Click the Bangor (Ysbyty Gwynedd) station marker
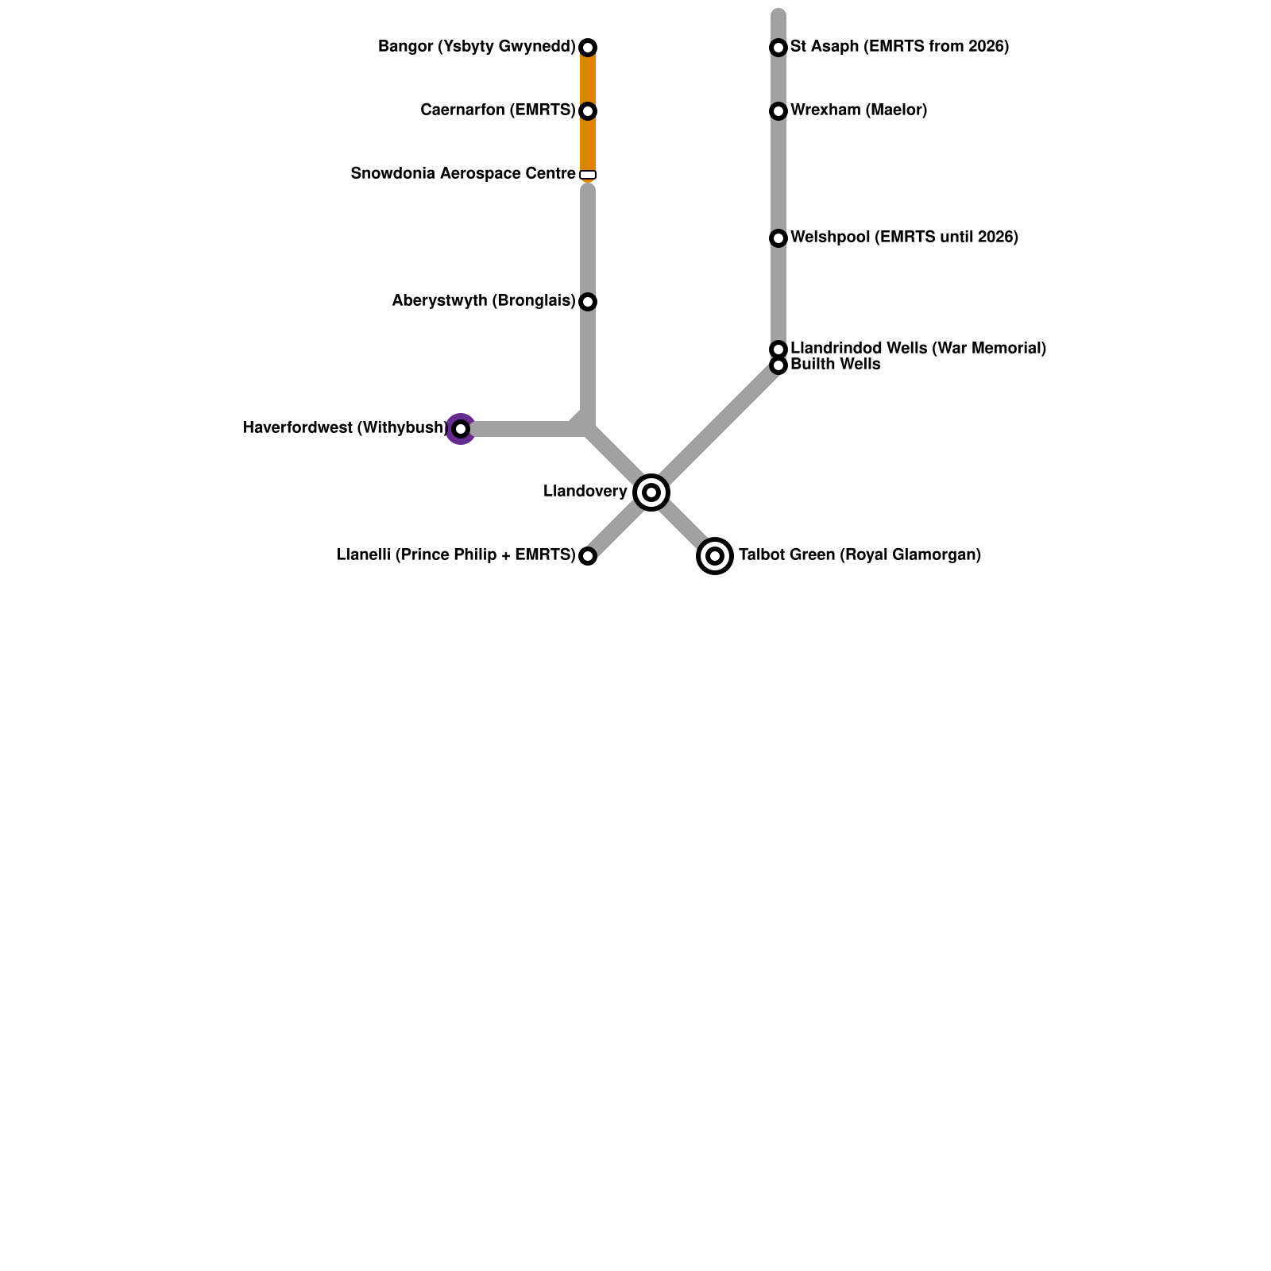coord(588,48)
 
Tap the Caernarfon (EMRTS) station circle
coord(588,111)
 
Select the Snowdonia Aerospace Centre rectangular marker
coord(588,175)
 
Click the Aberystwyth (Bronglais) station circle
coord(588,302)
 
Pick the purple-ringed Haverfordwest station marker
coord(461,429)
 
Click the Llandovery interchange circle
coord(651,493)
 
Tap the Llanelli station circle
coord(588,556)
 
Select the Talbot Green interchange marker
coord(715,556)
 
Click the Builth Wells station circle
coord(778,365)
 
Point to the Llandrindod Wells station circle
coord(778,350)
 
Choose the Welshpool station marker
coord(778,238)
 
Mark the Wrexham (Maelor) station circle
coord(778,111)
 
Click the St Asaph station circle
coord(778,48)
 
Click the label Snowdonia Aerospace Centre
coord(462,174)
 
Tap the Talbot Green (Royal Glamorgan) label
coord(860,555)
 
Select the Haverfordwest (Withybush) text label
coord(345,428)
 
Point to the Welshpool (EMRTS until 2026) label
coord(904,238)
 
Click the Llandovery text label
coord(585,492)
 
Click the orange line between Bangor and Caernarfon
coord(588,79)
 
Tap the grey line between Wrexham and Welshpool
coord(778,175)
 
